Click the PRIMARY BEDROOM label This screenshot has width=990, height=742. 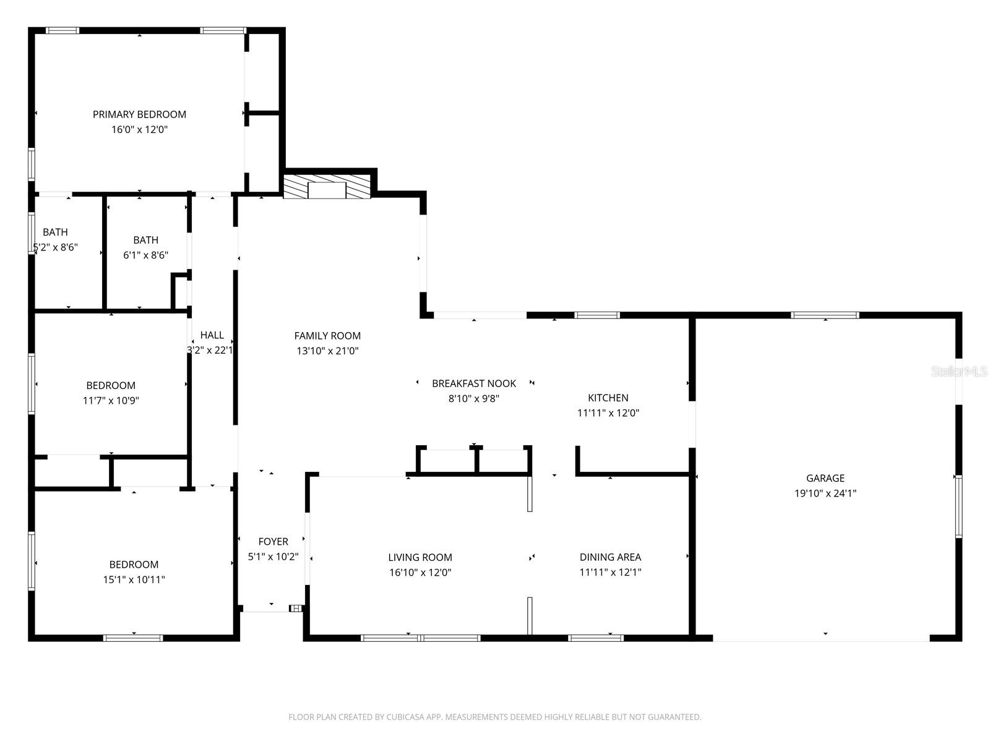click(x=139, y=114)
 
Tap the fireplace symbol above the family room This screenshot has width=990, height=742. click(x=327, y=187)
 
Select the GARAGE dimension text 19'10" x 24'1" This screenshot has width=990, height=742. click(x=825, y=493)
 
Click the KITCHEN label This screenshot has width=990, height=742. click(x=608, y=398)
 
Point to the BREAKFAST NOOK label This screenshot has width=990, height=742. click(x=473, y=383)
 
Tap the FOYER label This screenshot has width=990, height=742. click(x=273, y=542)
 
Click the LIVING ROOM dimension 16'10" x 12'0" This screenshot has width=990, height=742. click(x=420, y=573)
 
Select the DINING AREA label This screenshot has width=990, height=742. click(x=610, y=557)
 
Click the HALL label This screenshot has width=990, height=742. click(x=212, y=335)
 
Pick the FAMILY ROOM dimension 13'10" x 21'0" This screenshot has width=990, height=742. click(x=327, y=351)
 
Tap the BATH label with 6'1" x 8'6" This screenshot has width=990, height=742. click(x=145, y=240)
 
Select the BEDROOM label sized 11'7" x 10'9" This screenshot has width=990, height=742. click(x=111, y=385)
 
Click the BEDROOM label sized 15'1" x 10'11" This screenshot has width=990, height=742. click(x=134, y=565)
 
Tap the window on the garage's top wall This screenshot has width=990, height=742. click(x=825, y=315)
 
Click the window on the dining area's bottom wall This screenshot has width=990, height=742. click(x=595, y=638)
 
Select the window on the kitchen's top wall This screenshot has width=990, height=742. click(x=596, y=315)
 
